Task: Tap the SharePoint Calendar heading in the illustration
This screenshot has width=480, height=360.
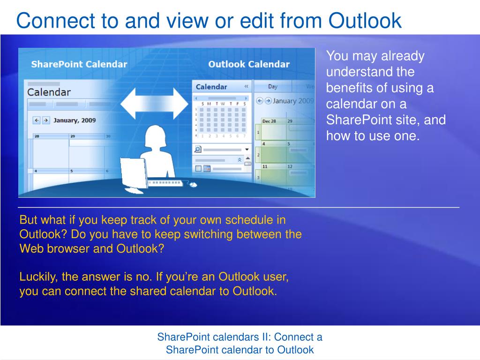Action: click(79, 64)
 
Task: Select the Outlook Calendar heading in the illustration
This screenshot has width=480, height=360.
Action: click(249, 64)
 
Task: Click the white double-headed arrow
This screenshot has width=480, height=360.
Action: click(154, 104)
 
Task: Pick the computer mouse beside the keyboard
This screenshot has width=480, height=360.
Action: click(193, 184)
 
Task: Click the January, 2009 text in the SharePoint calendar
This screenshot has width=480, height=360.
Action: click(75, 120)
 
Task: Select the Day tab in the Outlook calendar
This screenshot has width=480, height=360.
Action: click(273, 87)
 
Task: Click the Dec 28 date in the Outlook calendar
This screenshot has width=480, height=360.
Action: click(269, 121)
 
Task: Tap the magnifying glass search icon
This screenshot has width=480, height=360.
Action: click(198, 149)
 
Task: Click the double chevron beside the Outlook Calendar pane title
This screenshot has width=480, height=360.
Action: click(247, 87)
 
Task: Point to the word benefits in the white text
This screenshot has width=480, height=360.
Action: click(348, 88)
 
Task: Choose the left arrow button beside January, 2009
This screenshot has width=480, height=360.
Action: click(37, 120)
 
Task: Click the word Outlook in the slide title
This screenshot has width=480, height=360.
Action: click(365, 21)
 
